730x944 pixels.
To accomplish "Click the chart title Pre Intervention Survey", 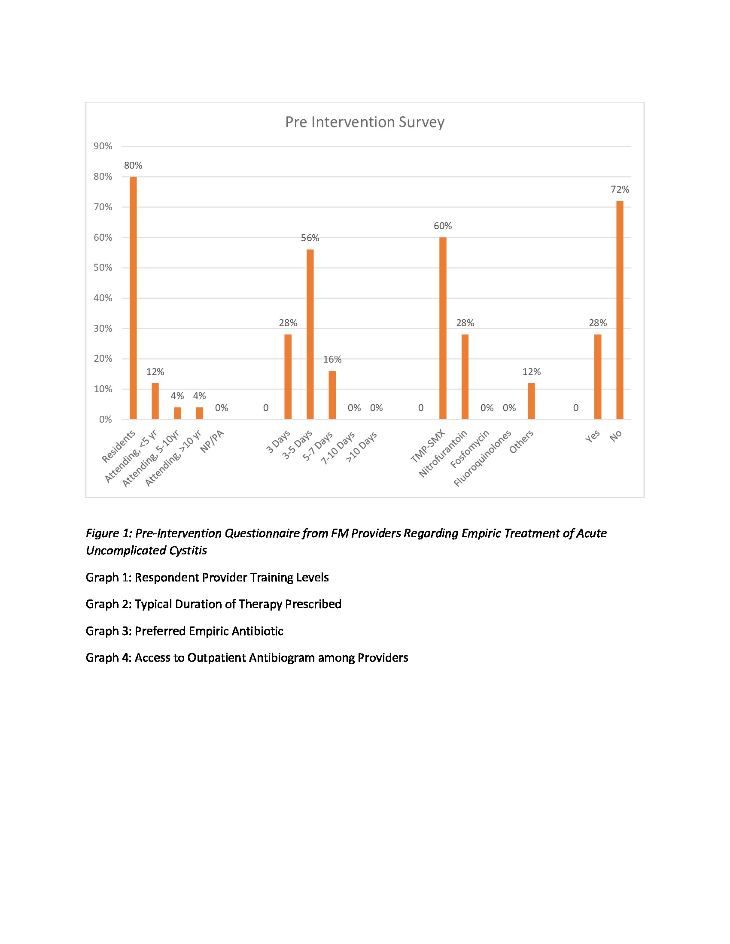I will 364,122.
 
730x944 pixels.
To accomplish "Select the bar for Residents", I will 133,298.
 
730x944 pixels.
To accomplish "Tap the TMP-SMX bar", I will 442,328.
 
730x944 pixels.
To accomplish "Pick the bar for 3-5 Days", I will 310,334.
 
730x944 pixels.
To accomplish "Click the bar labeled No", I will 620,310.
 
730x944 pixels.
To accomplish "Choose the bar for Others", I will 531,401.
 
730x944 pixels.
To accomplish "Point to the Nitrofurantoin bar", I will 465,376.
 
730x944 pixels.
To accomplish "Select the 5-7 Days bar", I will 332,395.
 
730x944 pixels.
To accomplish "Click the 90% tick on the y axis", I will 103,146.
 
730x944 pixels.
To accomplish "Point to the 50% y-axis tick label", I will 103,268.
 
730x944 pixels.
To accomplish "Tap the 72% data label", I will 620,189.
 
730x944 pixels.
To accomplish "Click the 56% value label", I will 310,238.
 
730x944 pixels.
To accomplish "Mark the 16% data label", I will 332,359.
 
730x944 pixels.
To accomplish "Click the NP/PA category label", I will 212,441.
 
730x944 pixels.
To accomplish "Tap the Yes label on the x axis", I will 593,436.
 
